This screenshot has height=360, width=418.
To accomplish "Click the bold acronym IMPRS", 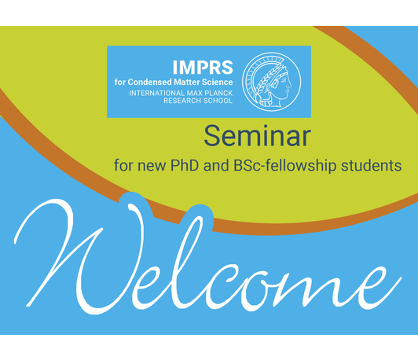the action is click(203, 67).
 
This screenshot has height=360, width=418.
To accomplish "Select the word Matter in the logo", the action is click(187, 82).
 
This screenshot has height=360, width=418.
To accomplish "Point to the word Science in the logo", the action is click(218, 82).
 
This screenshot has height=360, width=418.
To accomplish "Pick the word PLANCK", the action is click(219, 94).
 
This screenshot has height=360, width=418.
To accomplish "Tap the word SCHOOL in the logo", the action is click(218, 101).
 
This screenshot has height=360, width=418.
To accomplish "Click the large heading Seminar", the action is click(258, 136).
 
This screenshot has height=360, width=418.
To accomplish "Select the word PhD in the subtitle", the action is click(185, 165).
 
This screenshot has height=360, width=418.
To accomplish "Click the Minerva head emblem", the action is click(271, 82).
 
